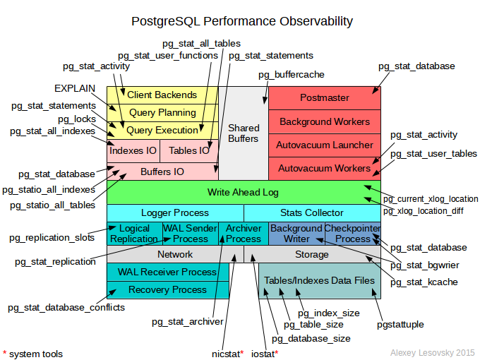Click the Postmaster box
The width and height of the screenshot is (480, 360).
pyautogui.click(x=325, y=97)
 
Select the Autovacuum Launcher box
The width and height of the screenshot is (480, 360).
pyautogui.click(x=325, y=145)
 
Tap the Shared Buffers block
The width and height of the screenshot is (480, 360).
pyautogui.click(x=243, y=133)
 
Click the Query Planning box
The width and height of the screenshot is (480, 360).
pyautogui.click(x=162, y=112)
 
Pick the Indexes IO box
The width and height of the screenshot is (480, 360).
pyautogui.click(x=133, y=150)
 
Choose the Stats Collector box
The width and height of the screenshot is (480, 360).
pyautogui.click(x=312, y=212)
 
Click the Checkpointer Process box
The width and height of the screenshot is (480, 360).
pyautogui.click(x=352, y=234)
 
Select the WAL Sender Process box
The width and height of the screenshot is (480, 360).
pyautogui.click(x=190, y=234)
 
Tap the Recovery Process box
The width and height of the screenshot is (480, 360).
pyautogui.click(x=167, y=289)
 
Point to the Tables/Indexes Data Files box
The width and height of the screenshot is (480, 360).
pyautogui.click(x=319, y=280)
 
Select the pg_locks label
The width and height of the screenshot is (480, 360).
pyautogui.click(x=76, y=119)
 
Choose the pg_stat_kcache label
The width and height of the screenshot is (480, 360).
pyautogui.click(x=424, y=282)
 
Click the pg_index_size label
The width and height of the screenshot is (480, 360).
pyautogui.click(x=328, y=313)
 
